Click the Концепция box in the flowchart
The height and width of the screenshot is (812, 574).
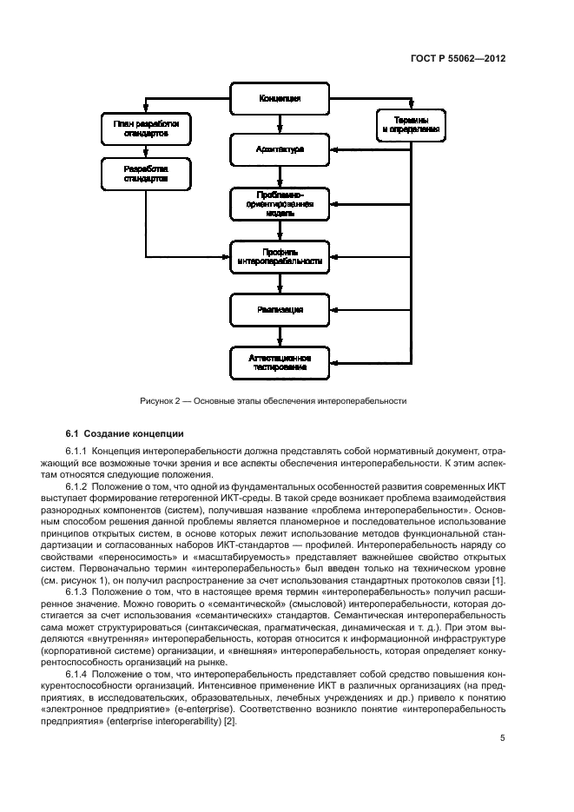[x=280, y=98]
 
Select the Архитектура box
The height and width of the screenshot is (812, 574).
[x=280, y=149]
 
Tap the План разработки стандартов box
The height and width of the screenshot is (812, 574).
[x=145, y=129]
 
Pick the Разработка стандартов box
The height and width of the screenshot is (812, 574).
[x=145, y=174]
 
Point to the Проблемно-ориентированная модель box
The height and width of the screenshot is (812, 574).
[x=280, y=202]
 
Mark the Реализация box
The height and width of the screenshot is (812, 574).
[x=280, y=308]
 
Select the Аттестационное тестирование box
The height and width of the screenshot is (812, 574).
[x=280, y=362]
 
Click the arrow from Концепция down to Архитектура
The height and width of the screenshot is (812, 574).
[x=280, y=123]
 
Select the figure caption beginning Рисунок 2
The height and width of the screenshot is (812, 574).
[x=273, y=401]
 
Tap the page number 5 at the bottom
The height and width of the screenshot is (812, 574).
[x=503, y=738]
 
